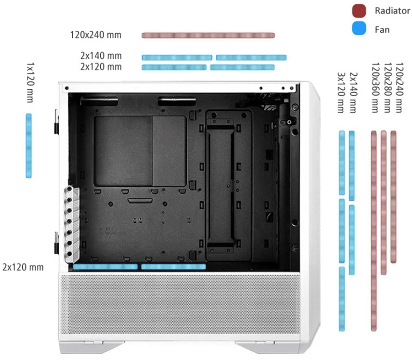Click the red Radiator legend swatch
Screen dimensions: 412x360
(359, 11)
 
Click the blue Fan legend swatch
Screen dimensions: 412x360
(359, 28)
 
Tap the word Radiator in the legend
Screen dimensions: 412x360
(392, 11)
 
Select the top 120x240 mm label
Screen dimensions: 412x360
(96, 35)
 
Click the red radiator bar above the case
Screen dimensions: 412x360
(208, 35)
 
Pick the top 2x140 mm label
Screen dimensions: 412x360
(101, 56)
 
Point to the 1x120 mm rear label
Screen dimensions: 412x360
(30, 82)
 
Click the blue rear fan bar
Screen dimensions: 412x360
(29, 145)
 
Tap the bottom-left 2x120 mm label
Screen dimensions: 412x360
(23, 267)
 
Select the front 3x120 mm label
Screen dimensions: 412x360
(341, 93)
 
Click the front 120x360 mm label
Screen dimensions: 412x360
(375, 88)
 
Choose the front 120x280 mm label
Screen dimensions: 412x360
(387, 88)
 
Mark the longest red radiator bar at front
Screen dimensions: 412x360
(373, 231)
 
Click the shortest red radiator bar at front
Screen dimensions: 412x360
(393, 197)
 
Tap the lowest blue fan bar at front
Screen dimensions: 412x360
(342, 299)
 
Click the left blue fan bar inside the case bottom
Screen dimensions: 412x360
(105, 267)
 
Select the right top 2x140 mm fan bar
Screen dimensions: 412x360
(251, 58)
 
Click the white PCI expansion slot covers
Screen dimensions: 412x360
(71, 224)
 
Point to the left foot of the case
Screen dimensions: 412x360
(92, 347)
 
